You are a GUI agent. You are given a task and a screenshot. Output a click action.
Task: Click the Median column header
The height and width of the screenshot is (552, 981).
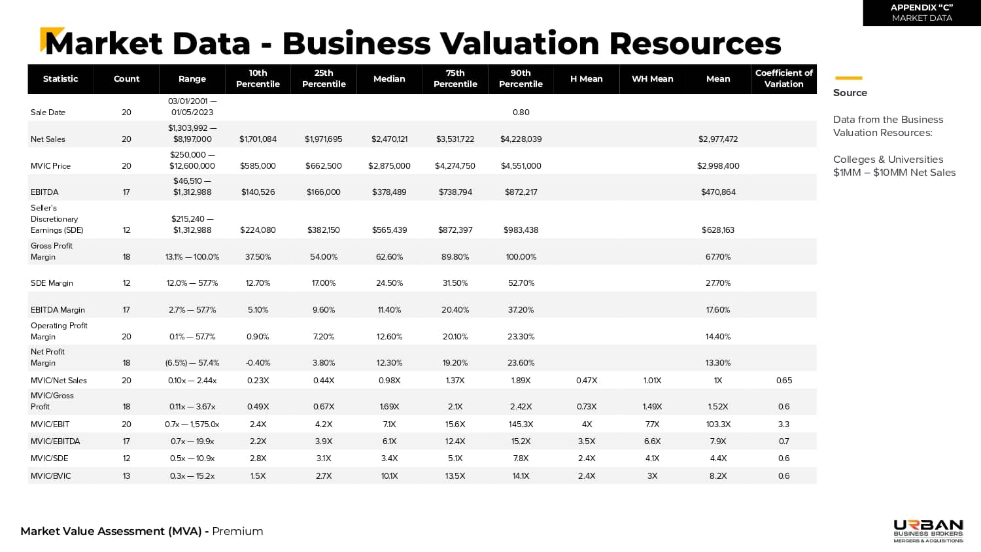389,78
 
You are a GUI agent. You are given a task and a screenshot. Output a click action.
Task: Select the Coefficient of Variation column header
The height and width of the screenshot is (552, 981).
783,78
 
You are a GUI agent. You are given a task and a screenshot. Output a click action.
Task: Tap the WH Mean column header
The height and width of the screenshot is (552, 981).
652,78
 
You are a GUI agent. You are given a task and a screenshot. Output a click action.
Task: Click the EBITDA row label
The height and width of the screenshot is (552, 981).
44,192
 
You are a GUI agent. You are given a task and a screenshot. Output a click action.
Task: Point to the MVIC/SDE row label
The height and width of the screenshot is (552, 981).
49,458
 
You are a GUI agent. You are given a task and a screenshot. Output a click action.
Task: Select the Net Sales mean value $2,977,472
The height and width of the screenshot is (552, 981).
717,139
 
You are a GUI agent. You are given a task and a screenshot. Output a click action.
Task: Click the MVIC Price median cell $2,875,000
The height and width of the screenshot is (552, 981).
389,166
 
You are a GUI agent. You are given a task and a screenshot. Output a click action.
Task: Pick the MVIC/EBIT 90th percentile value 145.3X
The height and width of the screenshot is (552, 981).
521,424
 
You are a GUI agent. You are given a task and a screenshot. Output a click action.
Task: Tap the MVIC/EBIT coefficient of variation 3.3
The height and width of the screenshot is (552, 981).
783,424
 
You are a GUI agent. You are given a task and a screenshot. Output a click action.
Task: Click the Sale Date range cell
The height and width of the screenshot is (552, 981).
192,107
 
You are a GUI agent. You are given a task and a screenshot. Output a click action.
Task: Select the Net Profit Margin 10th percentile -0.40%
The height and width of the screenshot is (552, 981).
258,363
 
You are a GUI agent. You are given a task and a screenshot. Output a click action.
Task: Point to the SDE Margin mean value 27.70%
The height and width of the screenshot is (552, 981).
717,283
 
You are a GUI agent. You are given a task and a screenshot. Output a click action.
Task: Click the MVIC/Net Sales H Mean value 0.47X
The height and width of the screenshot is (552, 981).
586,381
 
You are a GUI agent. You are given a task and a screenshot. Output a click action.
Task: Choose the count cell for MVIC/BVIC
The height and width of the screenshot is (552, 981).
126,476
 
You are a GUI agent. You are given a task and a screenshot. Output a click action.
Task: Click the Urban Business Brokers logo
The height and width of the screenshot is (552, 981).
928,530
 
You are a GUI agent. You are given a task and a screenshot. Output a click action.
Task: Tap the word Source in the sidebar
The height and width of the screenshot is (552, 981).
850,93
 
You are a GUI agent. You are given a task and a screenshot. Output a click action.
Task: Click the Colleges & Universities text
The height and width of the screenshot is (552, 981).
887,160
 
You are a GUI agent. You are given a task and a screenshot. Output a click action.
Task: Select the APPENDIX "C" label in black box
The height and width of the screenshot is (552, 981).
921,8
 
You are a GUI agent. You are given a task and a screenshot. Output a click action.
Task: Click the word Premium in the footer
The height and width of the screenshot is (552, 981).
237,531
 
